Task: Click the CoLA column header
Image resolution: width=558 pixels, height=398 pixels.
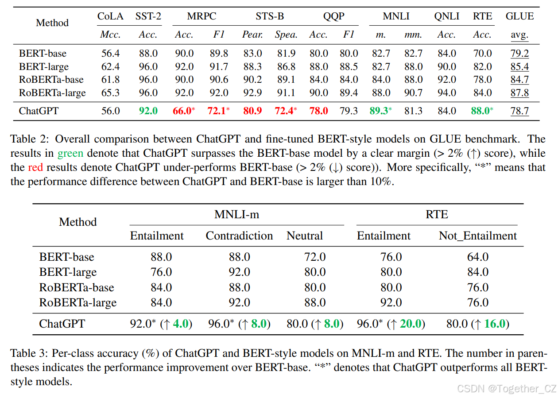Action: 110,16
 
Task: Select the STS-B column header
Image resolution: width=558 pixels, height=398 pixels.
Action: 270,16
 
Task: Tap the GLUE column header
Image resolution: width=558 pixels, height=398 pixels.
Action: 519,16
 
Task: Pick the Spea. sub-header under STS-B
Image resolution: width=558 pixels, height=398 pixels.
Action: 286,35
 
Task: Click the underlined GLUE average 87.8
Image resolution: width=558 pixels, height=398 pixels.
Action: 519,93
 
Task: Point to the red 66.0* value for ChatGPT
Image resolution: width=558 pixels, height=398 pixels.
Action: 183,111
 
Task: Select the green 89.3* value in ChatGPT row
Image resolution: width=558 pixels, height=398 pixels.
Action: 380,111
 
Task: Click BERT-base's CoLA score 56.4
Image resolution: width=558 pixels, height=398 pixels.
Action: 110,54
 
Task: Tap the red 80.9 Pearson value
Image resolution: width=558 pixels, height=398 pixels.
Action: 252,111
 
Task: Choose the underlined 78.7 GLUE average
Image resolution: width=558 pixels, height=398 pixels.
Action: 519,111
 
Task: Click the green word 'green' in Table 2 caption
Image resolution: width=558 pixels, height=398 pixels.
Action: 70,154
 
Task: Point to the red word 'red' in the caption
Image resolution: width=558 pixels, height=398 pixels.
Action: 35,168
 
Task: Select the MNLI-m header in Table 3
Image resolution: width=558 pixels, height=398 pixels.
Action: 237,215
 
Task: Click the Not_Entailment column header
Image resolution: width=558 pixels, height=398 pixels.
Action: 477,236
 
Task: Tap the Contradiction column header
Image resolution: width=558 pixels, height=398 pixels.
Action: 239,236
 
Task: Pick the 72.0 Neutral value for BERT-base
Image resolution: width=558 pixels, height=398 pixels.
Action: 315,257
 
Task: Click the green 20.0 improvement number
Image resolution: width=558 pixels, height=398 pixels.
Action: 411,324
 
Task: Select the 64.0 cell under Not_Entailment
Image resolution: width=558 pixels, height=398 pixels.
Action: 478,257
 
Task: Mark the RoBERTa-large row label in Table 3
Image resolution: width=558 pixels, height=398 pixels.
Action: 77,303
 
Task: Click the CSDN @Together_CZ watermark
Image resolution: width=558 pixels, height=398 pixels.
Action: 506,389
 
